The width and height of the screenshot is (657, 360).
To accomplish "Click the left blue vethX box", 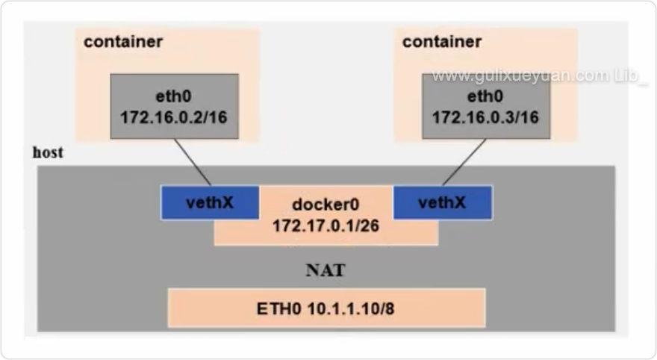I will click(210, 202).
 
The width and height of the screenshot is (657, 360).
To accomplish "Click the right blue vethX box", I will click(443, 202).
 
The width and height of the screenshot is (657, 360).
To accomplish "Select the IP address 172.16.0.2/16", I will click(173, 117).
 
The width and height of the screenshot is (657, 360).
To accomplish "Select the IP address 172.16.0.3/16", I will click(485, 117).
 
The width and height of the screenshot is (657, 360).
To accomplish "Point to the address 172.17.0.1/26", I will click(326, 224).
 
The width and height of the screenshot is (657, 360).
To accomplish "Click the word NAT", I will click(326, 270).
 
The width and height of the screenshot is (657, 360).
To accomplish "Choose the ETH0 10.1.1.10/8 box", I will click(326, 306).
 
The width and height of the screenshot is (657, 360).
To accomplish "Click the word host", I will click(48, 153).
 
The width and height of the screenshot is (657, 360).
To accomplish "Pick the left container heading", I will click(123, 42).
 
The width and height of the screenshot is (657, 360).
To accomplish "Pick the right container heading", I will click(442, 42).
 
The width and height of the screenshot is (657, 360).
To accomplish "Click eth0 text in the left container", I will click(174, 96).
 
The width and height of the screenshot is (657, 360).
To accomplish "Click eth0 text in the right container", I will click(485, 96).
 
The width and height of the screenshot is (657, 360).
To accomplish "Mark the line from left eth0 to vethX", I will click(193, 162).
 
